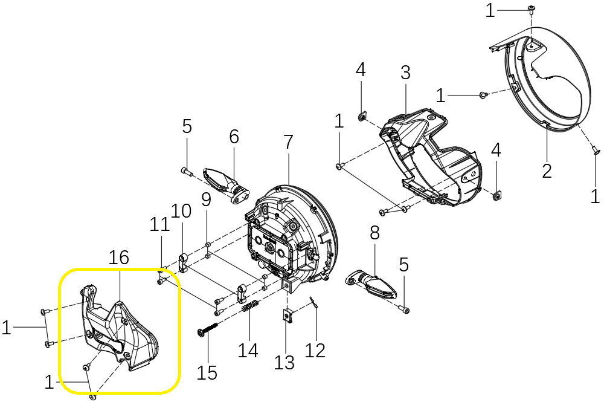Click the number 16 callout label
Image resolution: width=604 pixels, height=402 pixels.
119,258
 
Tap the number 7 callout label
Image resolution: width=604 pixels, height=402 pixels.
288,143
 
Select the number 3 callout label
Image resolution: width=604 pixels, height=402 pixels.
405,73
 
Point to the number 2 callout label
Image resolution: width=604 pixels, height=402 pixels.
547,170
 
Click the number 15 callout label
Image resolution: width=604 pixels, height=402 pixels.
207,372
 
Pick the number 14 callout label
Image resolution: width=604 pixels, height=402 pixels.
249,350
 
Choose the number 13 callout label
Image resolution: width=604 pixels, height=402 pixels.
284,362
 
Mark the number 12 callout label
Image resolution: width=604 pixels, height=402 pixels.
315,350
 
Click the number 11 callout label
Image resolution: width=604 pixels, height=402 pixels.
160,224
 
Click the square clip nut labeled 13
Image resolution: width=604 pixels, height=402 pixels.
288,315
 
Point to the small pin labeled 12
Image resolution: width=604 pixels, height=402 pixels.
312,302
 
